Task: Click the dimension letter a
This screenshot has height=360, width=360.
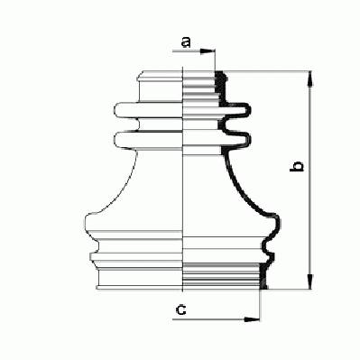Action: [x=186, y=42]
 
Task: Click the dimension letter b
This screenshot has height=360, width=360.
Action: [x=297, y=166]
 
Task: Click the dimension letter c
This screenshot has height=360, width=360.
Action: [x=180, y=309]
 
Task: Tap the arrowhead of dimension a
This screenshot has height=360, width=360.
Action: [x=208, y=51]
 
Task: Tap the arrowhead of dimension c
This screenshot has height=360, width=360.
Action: [x=252, y=319]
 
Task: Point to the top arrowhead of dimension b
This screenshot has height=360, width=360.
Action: [x=310, y=78]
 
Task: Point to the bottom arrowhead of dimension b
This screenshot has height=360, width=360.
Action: [x=310, y=282]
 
